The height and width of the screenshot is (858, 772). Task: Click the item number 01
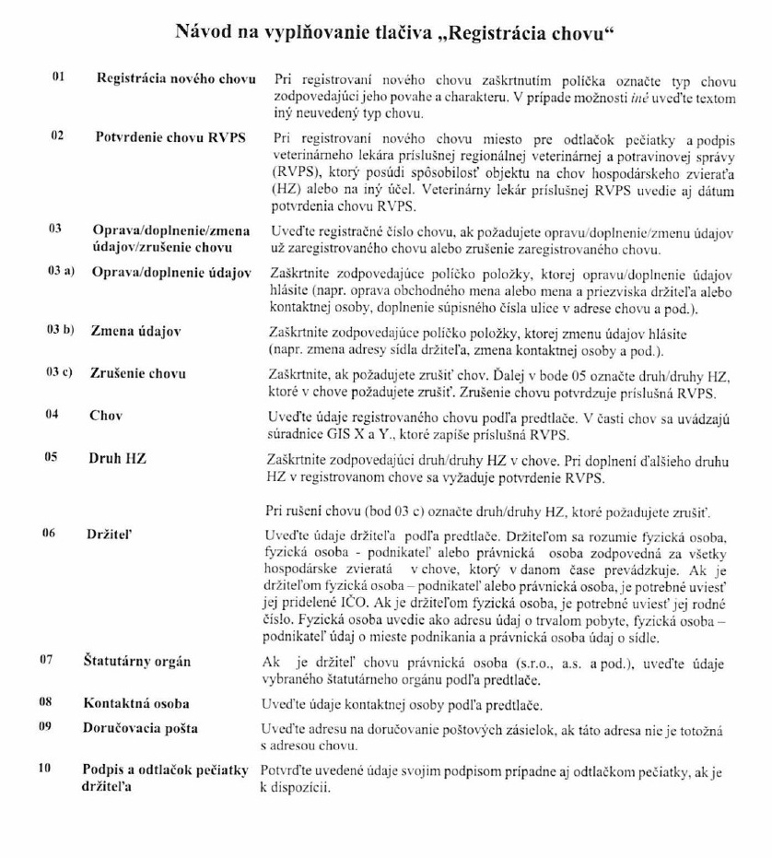pos(56,77)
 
